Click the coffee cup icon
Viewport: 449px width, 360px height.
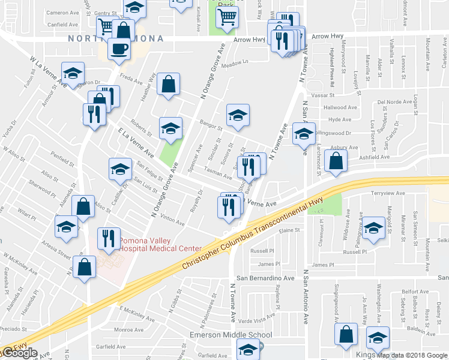click(119, 47)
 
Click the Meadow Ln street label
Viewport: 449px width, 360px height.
click(235, 62)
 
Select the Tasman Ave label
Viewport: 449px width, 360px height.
click(218, 173)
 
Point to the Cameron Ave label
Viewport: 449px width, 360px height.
click(62, 13)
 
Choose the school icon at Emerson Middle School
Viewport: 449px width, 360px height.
click(248, 348)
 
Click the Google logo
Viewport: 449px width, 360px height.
click(19, 353)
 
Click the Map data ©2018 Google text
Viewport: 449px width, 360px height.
click(412, 355)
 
